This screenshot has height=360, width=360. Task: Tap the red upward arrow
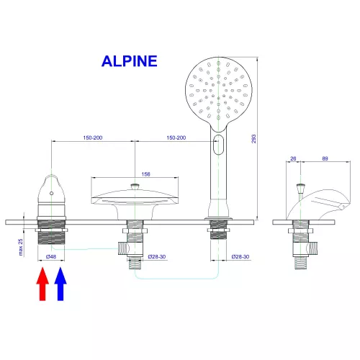[x=42, y=283]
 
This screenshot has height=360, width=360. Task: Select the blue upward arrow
[x=60, y=283]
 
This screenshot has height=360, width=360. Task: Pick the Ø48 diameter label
[x=51, y=257]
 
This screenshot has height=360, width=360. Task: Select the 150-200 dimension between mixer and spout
[x=93, y=138]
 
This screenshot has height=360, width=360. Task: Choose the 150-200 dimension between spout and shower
[x=176, y=138]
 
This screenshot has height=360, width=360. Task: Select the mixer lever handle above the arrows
[x=51, y=189]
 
